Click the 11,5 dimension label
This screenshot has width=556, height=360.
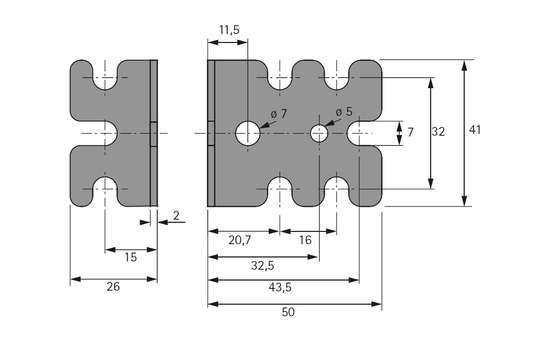229,30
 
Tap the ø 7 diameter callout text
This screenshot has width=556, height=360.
278,114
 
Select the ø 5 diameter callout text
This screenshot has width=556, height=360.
344,112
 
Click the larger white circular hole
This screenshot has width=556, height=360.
248,133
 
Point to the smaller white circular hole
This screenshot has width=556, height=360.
319,133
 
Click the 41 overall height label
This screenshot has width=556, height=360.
475,130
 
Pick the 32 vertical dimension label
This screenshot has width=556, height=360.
438,132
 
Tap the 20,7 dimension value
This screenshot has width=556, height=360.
240,240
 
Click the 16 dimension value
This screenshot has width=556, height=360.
305,240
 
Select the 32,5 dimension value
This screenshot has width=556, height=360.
262,266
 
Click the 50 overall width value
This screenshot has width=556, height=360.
288,313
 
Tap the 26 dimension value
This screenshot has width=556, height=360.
113,287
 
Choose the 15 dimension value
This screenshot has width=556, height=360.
130,258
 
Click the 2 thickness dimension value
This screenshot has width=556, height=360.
176,215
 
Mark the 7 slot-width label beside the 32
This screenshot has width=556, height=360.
410,133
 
